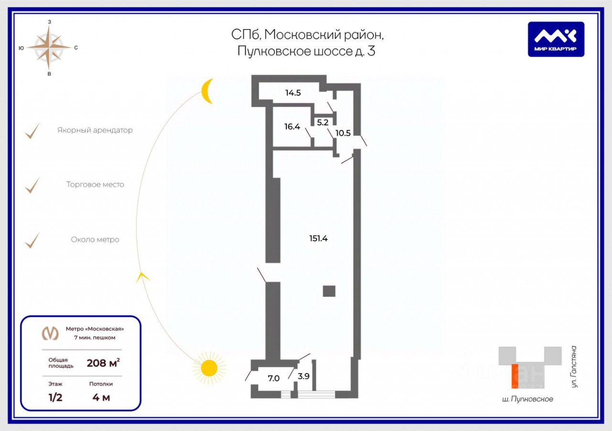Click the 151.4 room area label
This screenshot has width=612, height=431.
click(318, 238)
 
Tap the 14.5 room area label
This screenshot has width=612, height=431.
click(293, 93)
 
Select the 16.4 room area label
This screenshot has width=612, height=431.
click(292, 127)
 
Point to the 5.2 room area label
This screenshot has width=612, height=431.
click(323, 122)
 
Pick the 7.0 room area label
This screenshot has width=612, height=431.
click(273, 378)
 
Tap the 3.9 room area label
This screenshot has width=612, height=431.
click(304, 376)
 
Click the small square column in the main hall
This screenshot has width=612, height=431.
click(329, 291)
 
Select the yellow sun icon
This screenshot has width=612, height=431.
click(209, 368)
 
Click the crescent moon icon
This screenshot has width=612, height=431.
click(207, 91)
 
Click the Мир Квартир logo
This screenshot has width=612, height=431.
click(556, 39)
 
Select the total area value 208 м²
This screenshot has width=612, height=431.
click(103, 363)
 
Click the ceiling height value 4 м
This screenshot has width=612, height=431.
click(101, 397)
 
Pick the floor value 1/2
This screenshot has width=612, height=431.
click(55, 397)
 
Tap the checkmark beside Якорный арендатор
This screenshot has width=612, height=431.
click(33, 131)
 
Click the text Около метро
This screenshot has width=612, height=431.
click(95, 239)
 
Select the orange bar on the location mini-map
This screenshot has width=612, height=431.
click(515, 376)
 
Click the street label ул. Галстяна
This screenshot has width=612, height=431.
click(574, 366)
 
